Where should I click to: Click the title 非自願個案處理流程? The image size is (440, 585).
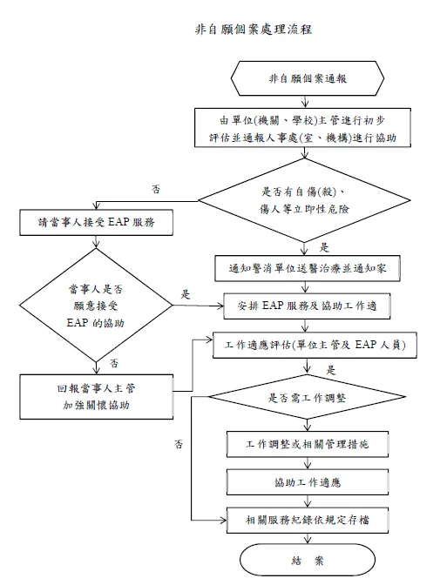(x=248, y=29)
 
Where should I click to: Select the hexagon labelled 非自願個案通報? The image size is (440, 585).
(x=310, y=79)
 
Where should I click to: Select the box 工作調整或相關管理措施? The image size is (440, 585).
(x=310, y=444)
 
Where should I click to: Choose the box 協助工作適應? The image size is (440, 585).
(x=310, y=481)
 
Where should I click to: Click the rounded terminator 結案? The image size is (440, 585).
(x=310, y=560)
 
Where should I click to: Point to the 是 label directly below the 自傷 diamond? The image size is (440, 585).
(x=324, y=247)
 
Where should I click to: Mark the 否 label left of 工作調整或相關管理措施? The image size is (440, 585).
(x=178, y=445)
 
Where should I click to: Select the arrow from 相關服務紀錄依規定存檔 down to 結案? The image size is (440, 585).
(x=310, y=537)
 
